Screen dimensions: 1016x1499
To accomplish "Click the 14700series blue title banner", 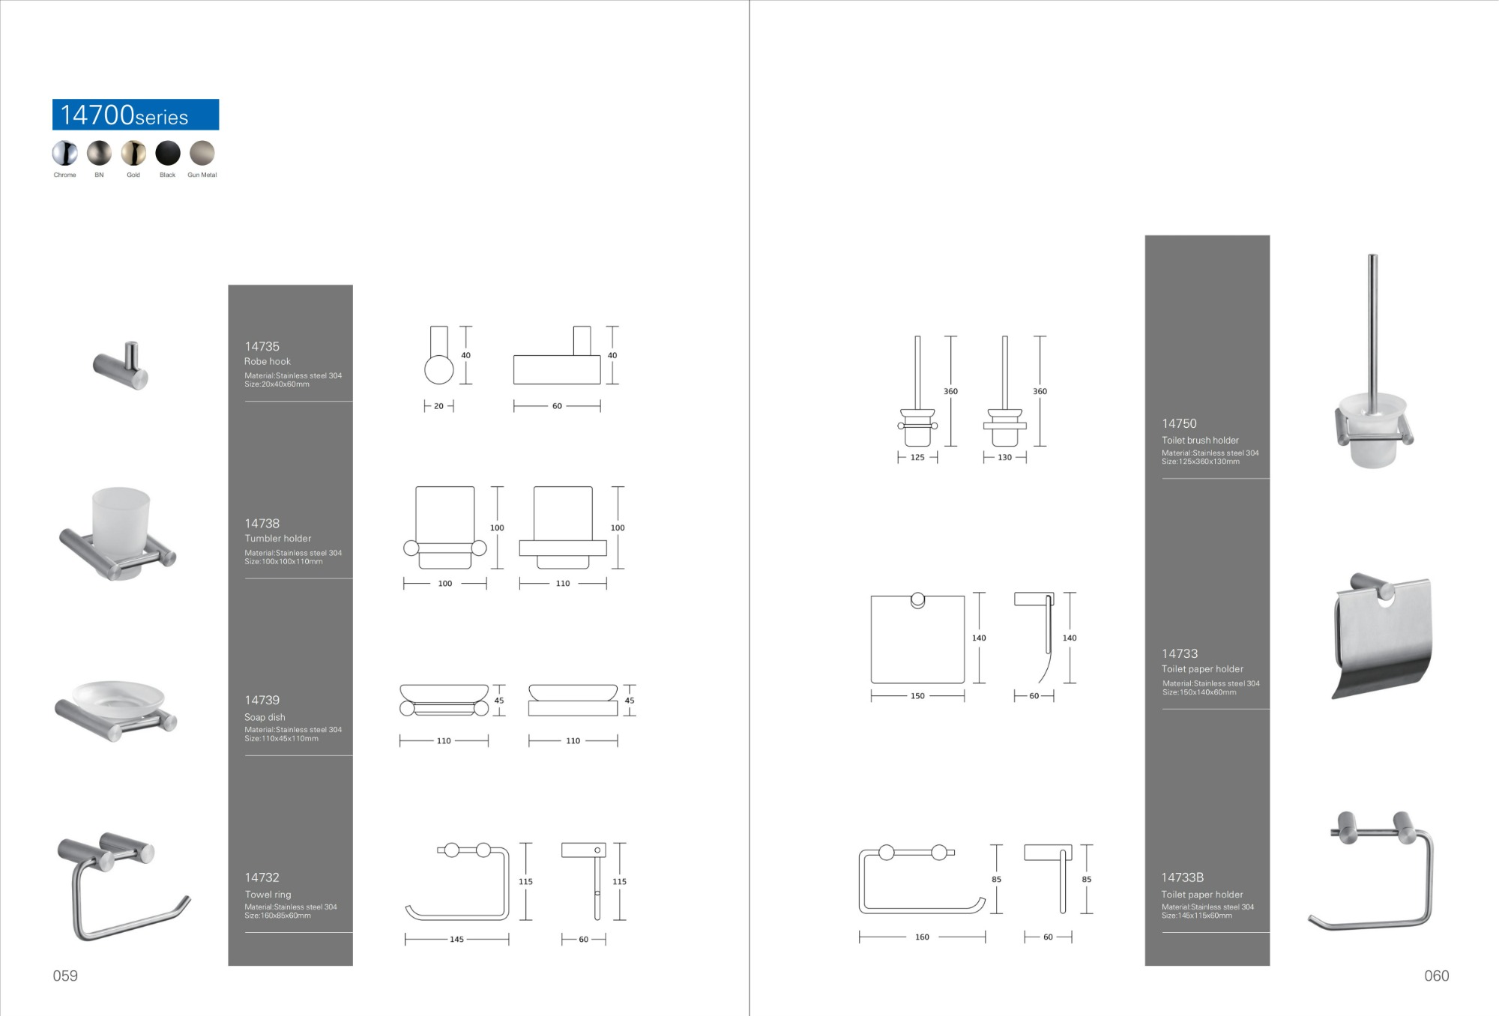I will pyautogui.click(x=136, y=115).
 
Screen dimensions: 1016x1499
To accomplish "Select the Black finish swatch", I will pyautogui.click(x=168, y=153).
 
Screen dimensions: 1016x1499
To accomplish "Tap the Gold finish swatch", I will pyautogui.click(x=133, y=153).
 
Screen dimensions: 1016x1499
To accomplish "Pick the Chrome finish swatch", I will pyautogui.click(x=65, y=153).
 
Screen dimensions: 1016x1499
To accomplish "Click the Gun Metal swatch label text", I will pyautogui.click(x=202, y=175).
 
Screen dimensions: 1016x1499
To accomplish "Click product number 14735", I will pyautogui.click(x=262, y=346).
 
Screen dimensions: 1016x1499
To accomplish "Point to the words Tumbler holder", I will pyautogui.click(x=277, y=538).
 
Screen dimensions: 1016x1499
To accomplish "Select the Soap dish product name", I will pyautogui.click(x=265, y=717).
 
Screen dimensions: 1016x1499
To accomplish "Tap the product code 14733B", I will pyautogui.click(x=1182, y=877).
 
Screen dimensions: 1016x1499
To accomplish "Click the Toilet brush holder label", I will pyautogui.click(x=1200, y=440).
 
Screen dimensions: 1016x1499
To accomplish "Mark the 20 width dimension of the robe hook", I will pyautogui.click(x=438, y=406).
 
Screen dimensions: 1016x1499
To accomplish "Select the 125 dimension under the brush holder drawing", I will pyautogui.click(x=917, y=457).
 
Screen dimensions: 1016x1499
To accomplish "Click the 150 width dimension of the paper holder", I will pyautogui.click(x=917, y=696).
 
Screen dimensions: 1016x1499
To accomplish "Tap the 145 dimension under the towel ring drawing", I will pyautogui.click(x=456, y=940).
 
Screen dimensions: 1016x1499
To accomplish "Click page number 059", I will pyautogui.click(x=65, y=976).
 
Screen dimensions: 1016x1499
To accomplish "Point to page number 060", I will pyautogui.click(x=1436, y=976).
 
